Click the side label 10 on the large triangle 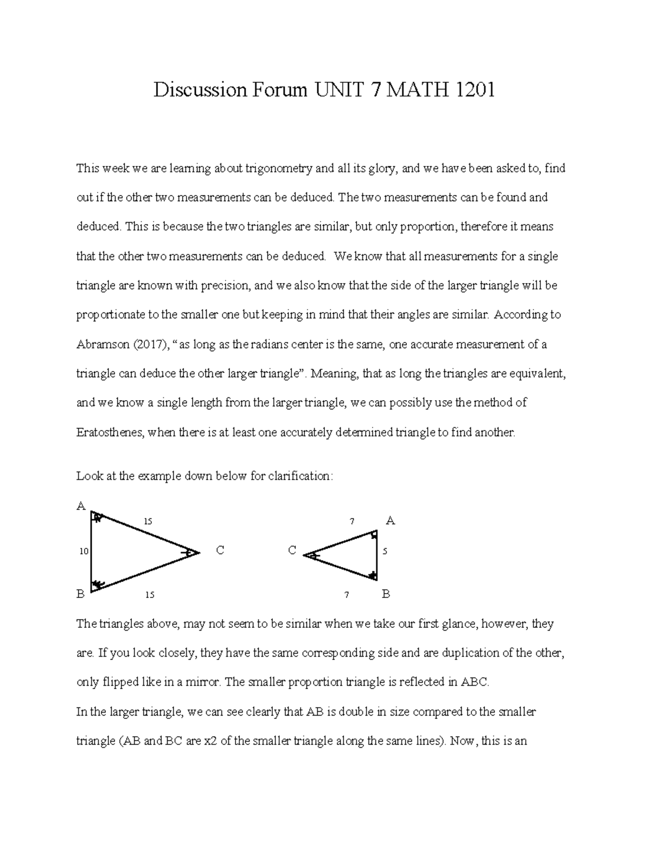(x=84, y=551)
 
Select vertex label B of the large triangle (x=80, y=594)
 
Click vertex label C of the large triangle (x=220, y=551)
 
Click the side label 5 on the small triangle (x=385, y=551)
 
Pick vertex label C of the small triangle (x=292, y=551)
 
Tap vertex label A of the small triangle (x=390, y=521)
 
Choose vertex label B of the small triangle (x=386, y=594)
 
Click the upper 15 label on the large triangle (x=148, y=522)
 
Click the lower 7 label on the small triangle (x=346, y=595)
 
